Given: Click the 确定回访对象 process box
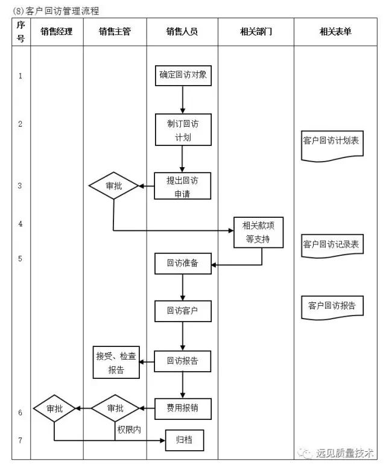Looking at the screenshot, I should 183,75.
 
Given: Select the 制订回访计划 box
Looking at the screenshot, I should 182,130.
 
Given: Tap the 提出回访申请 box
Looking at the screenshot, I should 182,186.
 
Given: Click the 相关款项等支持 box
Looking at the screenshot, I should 259,232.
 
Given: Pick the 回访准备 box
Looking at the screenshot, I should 182,264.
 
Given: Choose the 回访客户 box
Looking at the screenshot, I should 182,312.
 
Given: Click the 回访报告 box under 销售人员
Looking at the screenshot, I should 182,362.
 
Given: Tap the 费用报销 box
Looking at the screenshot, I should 182,408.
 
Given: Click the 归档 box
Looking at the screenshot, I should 185,440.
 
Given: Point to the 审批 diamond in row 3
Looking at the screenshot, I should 113,186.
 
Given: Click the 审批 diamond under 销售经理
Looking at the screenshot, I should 54,408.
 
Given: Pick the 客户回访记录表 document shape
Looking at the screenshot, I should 332,245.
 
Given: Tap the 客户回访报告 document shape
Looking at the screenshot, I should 332,306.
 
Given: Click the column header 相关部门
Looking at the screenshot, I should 256,31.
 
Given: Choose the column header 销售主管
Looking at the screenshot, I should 115,31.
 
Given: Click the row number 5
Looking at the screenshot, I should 20,259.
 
